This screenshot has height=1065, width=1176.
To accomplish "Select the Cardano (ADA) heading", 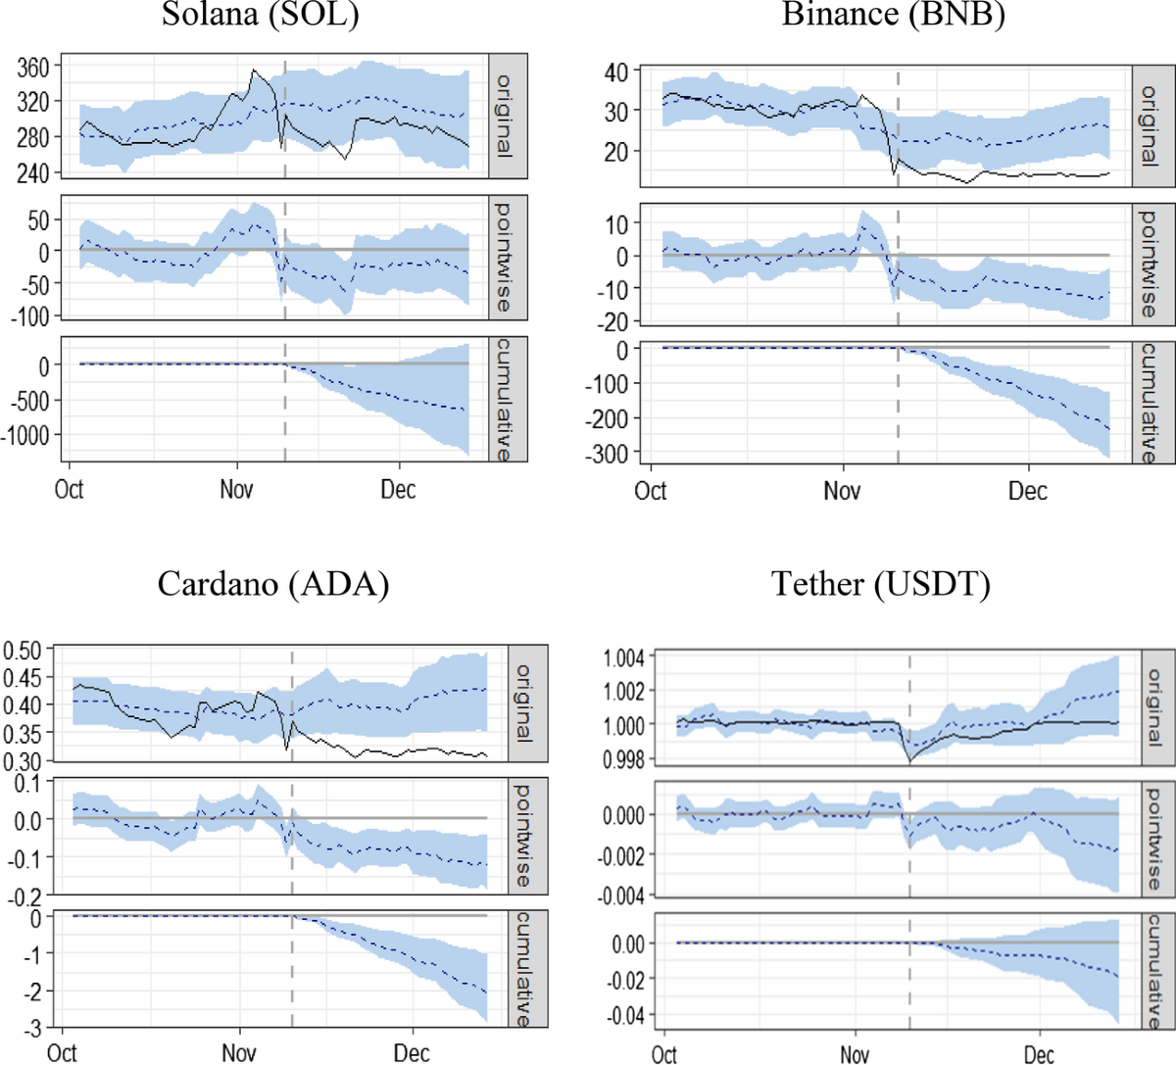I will coord(273,584).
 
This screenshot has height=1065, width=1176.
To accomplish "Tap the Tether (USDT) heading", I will coord(881,584).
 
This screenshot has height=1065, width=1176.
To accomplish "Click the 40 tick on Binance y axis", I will coord(614,73).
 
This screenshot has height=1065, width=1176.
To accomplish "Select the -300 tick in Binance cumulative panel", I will coord(607,453).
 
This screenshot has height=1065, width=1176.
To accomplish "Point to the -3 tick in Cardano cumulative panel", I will coord(33,1027).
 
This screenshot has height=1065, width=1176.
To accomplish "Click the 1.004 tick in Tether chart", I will coord(622,657).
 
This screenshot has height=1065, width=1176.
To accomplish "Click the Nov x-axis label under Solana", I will coord(236,489).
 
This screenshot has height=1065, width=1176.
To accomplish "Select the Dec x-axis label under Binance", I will coord(1028,491).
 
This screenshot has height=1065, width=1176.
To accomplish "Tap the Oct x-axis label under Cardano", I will coord(63,1053).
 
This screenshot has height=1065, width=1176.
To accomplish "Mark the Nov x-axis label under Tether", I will coord(856,1055).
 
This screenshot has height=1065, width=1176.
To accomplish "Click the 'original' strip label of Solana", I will coord(503,116).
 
